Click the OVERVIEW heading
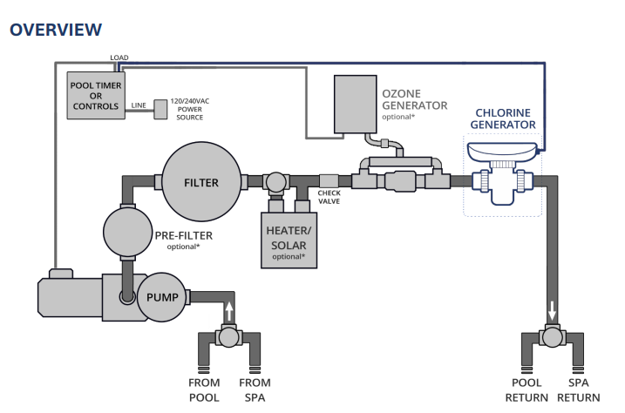coord(55,30)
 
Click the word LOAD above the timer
coord(119,58)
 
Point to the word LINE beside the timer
coord(138,105)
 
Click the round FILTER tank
coord(200,182)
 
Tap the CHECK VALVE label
coord(329,198)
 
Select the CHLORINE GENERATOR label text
coord(504,118)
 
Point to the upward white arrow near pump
coord(229,311)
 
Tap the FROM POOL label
coord(206,389)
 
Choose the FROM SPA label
coord(255,389)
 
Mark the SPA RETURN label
coord(584,389)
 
